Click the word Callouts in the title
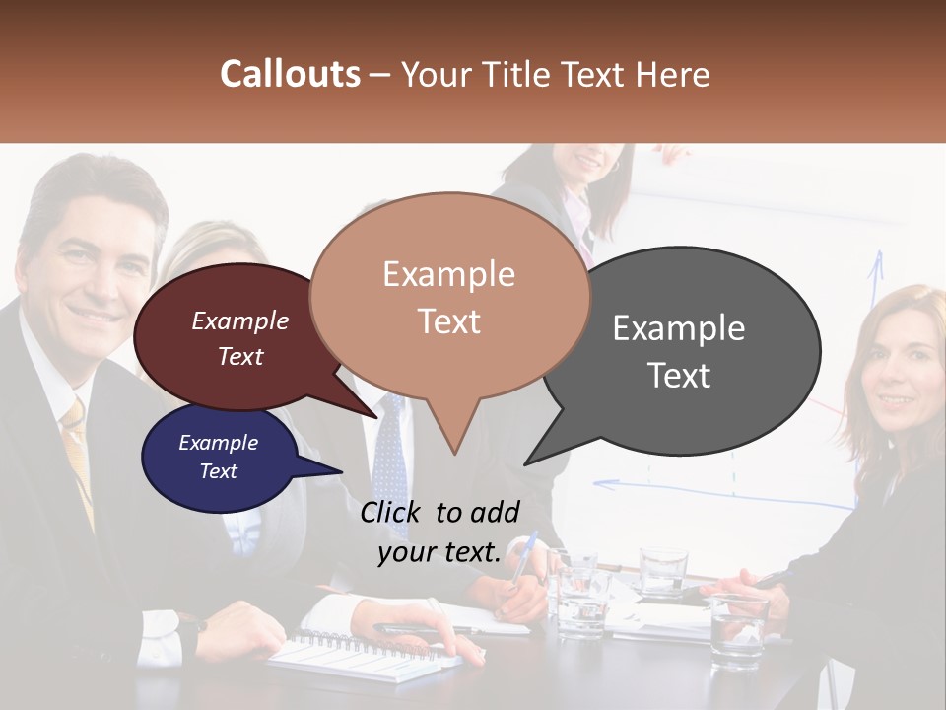pos(290,74)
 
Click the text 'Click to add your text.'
pos(439,532)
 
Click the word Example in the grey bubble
pos(678,328)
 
